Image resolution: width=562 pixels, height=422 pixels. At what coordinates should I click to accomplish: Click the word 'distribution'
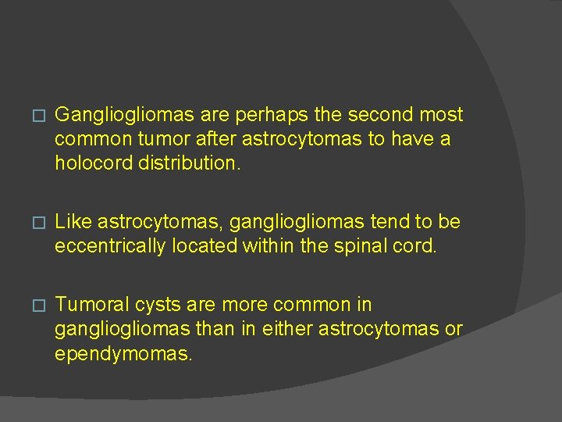click(188, 163)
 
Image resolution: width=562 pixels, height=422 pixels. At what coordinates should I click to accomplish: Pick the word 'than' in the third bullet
click(226, 330)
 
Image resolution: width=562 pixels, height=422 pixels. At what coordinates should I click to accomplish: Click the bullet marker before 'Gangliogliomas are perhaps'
click(30, 116)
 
